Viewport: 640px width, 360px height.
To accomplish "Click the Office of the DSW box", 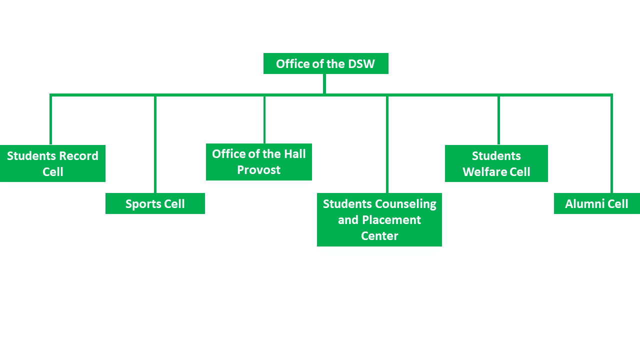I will click(325, 63).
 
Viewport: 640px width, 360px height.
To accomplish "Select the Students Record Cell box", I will click(52, 163).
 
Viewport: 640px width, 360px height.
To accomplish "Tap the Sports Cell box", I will click(155, 203).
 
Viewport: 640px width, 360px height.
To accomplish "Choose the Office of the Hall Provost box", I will click(258, 162).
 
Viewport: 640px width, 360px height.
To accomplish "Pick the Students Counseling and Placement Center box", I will click(379, 219).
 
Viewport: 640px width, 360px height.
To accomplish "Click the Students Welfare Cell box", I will click(496, 163).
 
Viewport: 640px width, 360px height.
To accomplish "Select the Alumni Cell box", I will click(596, 203).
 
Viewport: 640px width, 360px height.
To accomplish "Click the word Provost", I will click(258, 170).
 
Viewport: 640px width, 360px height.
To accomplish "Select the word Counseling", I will click(406, 204).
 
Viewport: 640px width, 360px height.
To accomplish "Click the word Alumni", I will click(583, 204).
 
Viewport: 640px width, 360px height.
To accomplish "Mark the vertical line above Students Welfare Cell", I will click(498, 120).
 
